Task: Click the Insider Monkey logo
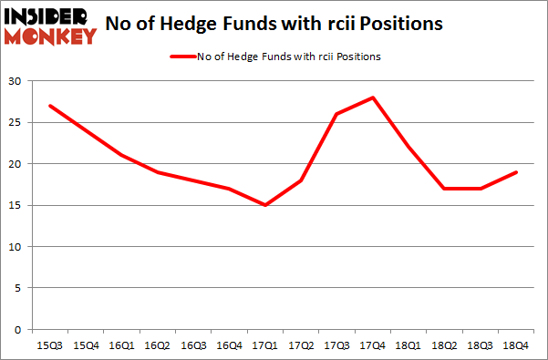pos(50,25)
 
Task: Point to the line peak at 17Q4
pos(373,98)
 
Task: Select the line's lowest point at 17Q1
pos(264,205)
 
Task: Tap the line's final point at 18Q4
pos(517,172)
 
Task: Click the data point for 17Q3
pos(336,114)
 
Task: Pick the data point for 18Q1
pos(409,147)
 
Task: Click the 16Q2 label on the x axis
pos(157,346)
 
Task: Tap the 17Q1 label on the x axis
pos(264,346)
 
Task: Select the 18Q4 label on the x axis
pos(517,346)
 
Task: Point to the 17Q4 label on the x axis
pos(373,346)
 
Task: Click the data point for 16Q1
pos(120,156)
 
